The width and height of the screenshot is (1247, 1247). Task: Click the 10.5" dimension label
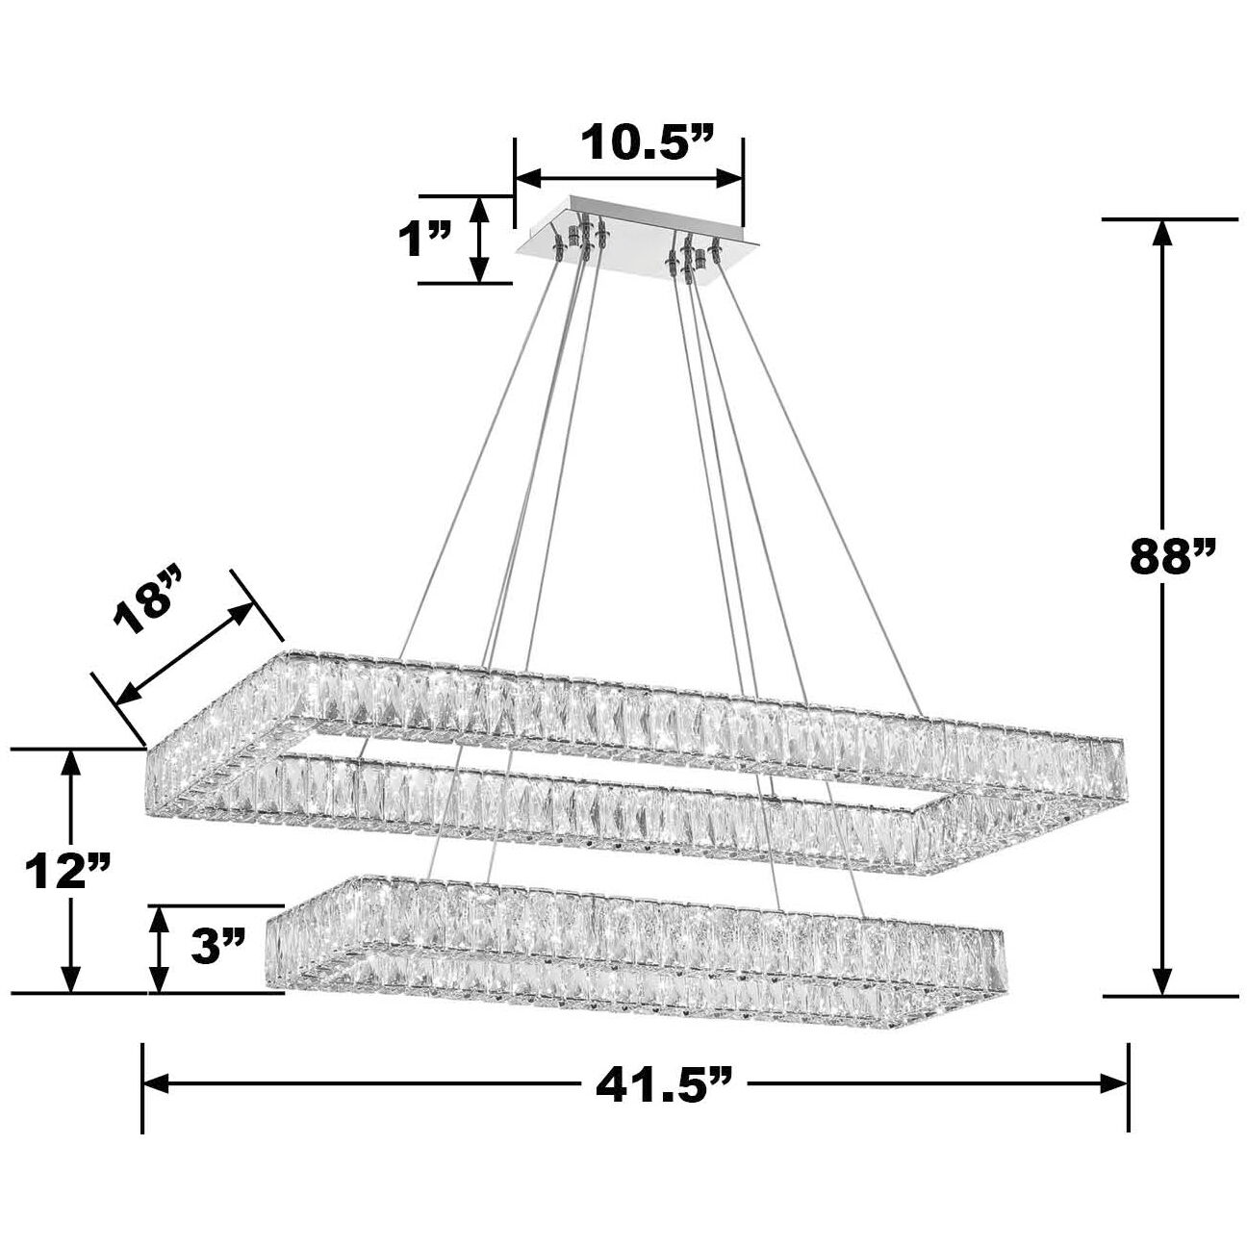646,143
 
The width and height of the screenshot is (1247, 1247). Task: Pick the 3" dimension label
219,947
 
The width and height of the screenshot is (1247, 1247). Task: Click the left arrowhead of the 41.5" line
157,1083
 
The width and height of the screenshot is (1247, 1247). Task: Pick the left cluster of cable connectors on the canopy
581,240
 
